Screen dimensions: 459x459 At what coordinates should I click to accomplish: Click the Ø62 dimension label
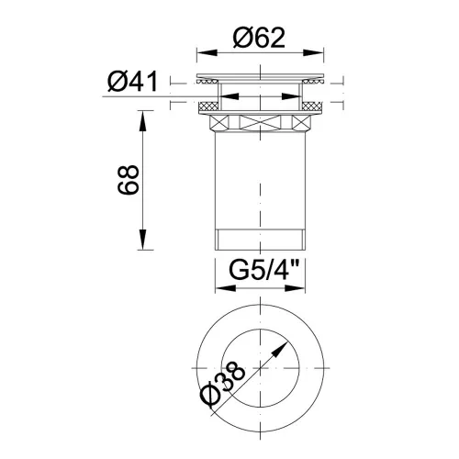259,38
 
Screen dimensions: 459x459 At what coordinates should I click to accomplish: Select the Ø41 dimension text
132,81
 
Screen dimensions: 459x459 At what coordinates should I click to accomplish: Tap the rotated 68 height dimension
129,180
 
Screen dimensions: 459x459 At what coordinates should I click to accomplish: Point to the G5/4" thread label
263,271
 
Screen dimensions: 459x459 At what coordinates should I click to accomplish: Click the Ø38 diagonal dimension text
222,385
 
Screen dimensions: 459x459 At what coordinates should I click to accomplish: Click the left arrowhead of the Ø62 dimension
207,52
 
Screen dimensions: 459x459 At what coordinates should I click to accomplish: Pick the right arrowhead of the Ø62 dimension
313,52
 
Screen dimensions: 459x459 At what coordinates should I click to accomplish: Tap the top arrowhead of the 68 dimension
143,121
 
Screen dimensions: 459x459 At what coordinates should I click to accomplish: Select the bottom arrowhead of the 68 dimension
143,240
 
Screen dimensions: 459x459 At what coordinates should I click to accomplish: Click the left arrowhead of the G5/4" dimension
226,288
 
